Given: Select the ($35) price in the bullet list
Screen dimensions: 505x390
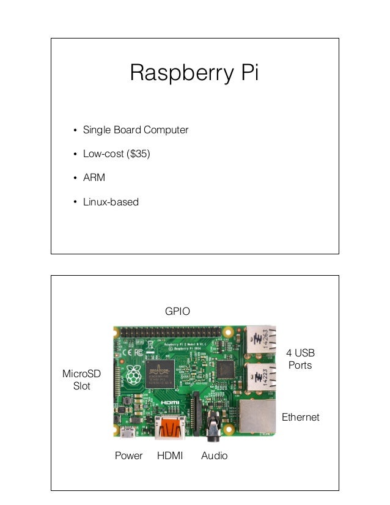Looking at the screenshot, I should click(138, 154).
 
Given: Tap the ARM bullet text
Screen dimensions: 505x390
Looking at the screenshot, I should click(94, 178).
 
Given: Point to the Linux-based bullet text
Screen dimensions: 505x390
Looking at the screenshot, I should click(111, 202).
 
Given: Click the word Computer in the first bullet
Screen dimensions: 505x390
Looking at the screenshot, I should click(166, 130).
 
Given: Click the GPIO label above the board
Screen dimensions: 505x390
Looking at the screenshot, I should click(178, 311).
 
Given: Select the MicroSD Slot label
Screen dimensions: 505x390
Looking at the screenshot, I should click(81, 380).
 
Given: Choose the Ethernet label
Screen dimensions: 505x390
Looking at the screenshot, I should click(300, 417).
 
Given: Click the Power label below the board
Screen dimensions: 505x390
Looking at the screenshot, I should click(128, 455).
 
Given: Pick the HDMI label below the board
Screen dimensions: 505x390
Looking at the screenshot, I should click(170, 455).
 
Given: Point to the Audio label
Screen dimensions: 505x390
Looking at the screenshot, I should click(214, 455).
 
